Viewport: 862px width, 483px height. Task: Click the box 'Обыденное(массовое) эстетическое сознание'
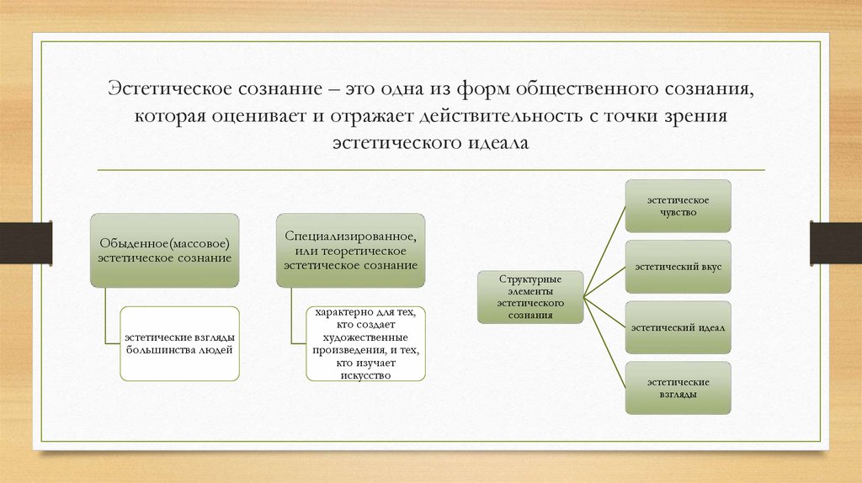coord(165,250)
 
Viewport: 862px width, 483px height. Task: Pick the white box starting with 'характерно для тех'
coord(364,343)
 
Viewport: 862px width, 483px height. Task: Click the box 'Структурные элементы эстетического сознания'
coord(530,296)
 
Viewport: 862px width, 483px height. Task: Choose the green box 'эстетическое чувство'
coord(677,207)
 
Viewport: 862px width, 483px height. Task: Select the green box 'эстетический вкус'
coord(677,266)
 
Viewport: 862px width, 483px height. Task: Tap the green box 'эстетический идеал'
coord(677,327)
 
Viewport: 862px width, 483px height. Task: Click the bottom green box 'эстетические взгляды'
coord(677,388)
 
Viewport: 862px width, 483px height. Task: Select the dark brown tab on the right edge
coord(836,241)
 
